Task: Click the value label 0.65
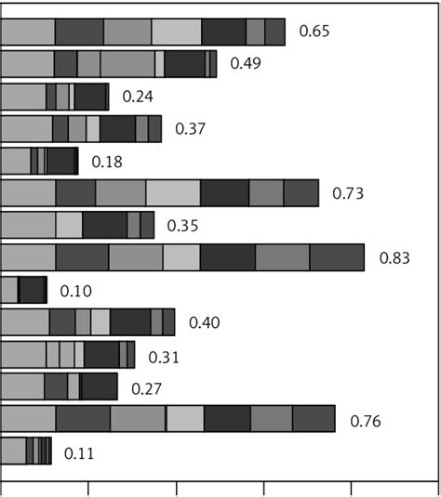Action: (x=314, y=32)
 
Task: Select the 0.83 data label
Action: (x=394, y=258)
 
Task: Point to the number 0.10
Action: (x=75, y=291)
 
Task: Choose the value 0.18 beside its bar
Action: (x=107, y=162)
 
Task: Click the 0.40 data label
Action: (x=204, y=323)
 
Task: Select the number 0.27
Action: (x=146, y=388)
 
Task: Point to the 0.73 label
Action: (x=348, y=193)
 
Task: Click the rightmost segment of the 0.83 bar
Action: (x=336, y=257)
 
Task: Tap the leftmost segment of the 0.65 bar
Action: (x=28, y=32)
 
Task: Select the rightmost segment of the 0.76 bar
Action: (x=314, y=419)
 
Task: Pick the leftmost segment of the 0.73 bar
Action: (x=28, y=192)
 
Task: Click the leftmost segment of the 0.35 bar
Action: (x=28, y=225)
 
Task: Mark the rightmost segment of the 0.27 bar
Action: (x=100, y=386)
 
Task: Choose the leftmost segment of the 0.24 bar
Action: (x=23, y=97)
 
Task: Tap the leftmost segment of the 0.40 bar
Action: (x=24, y=322)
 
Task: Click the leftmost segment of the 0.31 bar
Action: (x=23, y=355)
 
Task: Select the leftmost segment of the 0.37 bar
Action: (x=26, y=128)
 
